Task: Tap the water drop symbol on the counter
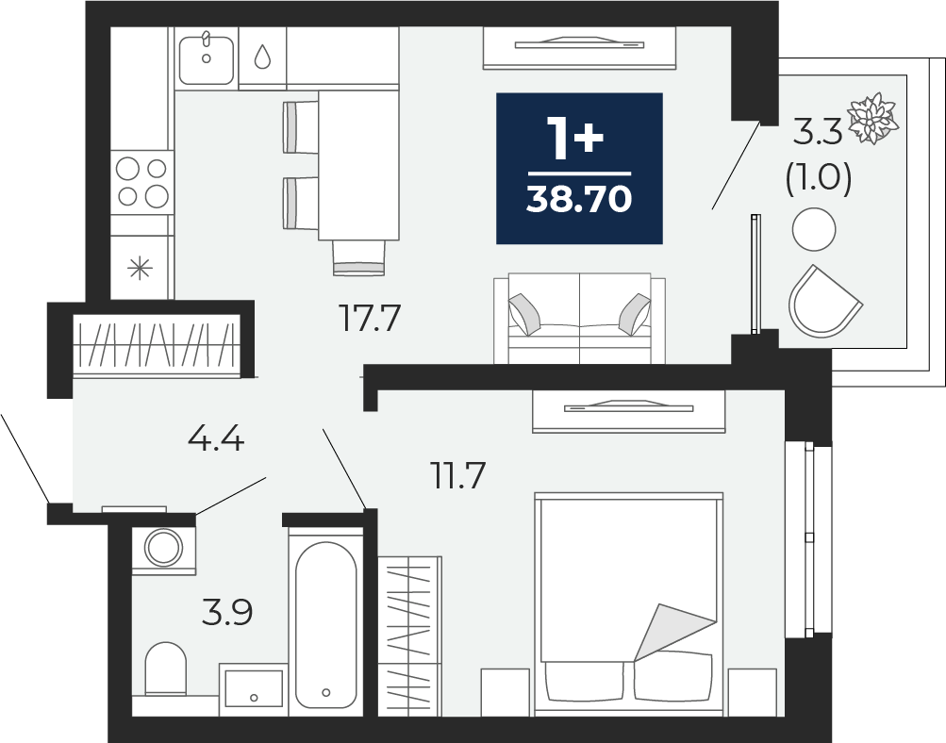pyautogui.click(x=262, y=57)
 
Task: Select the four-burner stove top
pyautogui.click(x=141, y=182)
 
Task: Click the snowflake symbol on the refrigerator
pyautogui.click(x=140, y=268)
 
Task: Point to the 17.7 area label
pyautogui.click(x=370, y=318)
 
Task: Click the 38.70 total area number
pyautogui.click(x=579, y=199)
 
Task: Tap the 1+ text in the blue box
pyautogui.click(x=575, y=138)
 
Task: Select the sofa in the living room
pyautogui.click(x=579, y=319)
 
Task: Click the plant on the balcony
pyautogui.click(x=873, y=118)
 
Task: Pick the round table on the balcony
pyautogui.click(x=814, y=229)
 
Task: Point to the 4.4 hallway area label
pyautogui.click(x=216, y=438)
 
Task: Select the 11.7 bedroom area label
pyautogui.click(x=457, y=475)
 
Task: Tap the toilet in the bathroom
pyautogui.click(x=165, y=669)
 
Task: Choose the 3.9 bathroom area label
pyautogui.click(x=227, y=613)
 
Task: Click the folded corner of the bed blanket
pyautogui.click(x=672, y=631)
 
